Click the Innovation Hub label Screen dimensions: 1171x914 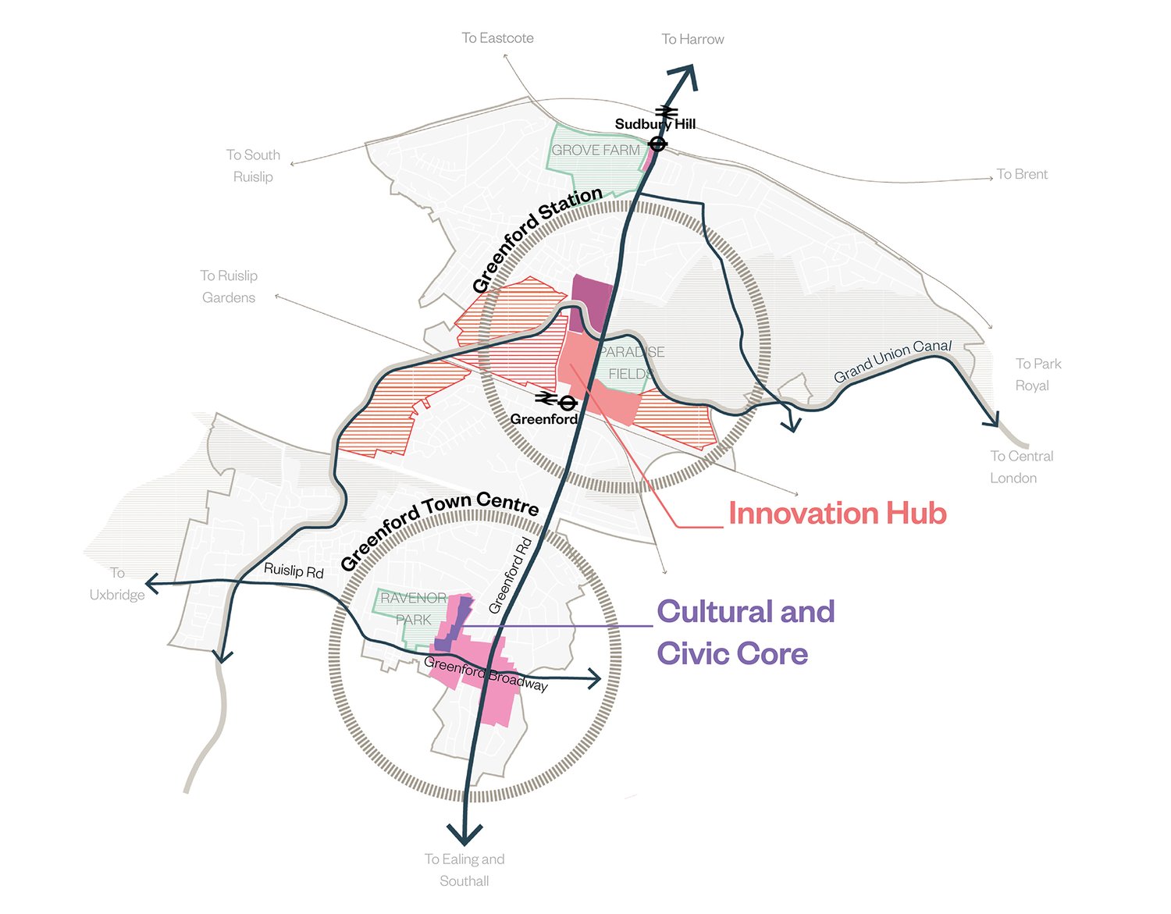837,514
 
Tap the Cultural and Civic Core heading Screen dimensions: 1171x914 746,632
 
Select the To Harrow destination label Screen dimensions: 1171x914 692,39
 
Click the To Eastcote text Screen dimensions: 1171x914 497,37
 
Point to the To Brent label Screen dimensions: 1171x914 1022,174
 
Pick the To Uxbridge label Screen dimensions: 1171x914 117,584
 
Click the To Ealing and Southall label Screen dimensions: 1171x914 464,870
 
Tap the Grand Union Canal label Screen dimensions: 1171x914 892,361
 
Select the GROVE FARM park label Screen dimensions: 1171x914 596,150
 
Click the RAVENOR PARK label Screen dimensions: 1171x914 413,609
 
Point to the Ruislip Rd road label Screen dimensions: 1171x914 294,571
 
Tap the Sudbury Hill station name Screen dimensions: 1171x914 655,124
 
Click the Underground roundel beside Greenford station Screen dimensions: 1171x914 568,403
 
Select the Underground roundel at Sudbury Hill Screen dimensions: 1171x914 658,144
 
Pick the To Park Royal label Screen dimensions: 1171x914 1038,375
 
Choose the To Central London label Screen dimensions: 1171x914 1021,467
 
